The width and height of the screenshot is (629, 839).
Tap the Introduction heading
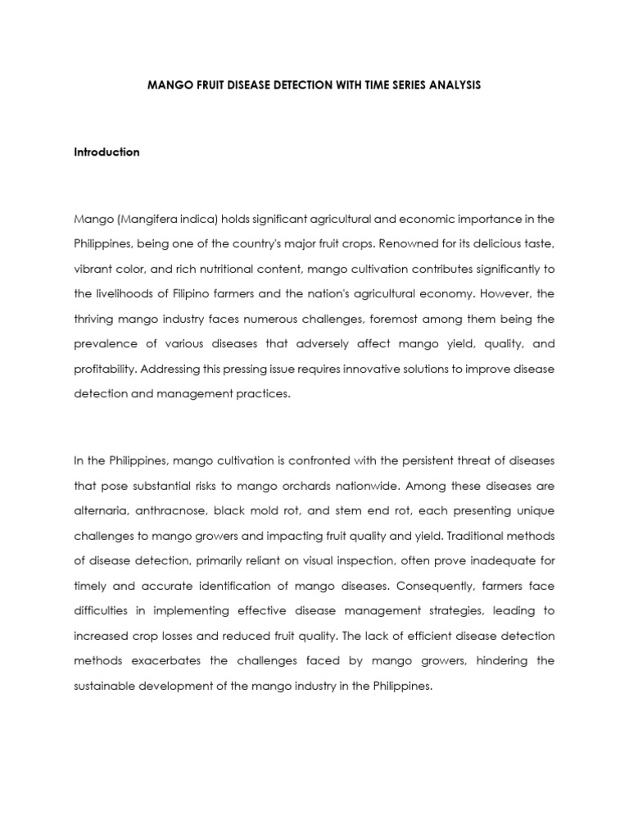[x=106, y=152]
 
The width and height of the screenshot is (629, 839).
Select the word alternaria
[x=102, y=510]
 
